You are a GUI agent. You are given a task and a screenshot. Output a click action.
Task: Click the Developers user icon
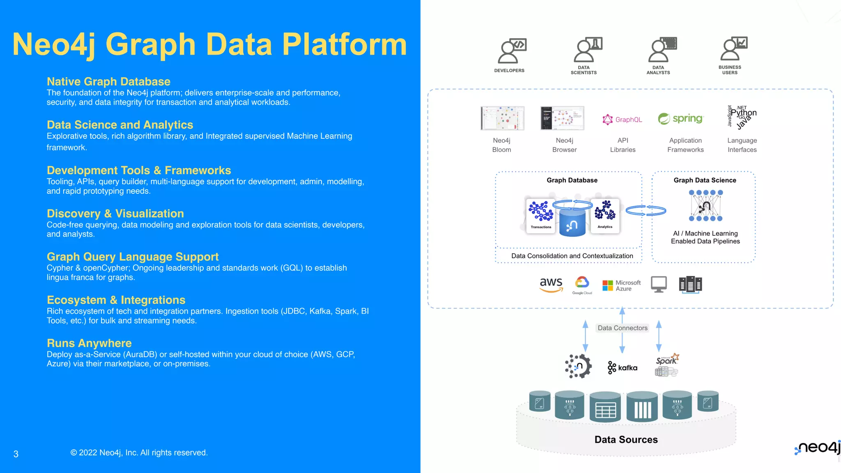[511, 51]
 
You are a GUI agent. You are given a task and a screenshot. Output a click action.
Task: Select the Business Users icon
[733, 49]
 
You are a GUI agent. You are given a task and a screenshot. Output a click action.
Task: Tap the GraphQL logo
[622, 119]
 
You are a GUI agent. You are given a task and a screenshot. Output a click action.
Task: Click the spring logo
[681, 119]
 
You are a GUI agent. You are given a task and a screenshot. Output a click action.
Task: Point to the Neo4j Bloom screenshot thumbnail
[502, 118]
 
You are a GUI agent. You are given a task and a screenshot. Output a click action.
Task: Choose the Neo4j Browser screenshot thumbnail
[562, 118]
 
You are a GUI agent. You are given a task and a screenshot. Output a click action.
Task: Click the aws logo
[551, 284]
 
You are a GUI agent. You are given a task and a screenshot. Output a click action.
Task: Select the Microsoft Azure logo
[621, 285]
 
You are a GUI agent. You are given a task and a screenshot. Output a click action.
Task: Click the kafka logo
[623, 367]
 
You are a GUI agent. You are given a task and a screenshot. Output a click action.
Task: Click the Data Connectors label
[623, 328]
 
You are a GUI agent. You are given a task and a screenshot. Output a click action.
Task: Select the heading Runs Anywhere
[89, 343]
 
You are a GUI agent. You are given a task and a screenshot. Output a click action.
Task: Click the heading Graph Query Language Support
[133, 257]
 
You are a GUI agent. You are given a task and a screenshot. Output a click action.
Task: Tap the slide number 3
[16, 454]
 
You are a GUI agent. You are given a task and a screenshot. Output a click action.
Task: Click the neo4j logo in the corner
[818, 448]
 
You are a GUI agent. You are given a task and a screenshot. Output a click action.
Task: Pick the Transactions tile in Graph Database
[541, 215]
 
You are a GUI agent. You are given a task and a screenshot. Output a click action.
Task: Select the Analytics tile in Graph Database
[605, 215]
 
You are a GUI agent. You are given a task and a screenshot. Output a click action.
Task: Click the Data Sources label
[626, 440]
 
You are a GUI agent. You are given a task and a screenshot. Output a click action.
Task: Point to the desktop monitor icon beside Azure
[659, 284]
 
